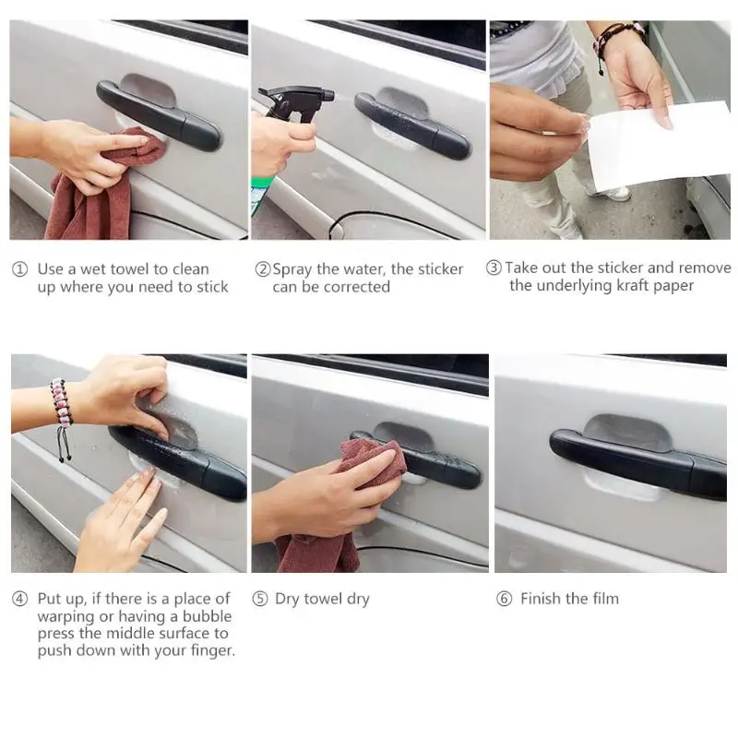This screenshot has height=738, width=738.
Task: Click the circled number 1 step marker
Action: click(x=19, y=269)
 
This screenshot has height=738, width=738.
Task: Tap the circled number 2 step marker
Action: click(x=263, y=269)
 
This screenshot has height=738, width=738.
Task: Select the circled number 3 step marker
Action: click(x=494, y=268)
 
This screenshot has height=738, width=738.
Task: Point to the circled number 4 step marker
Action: click(x=19, y=599)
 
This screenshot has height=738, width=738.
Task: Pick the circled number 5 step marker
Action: click(x=260, y=599)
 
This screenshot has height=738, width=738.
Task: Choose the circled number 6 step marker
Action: click(x=504, y=599)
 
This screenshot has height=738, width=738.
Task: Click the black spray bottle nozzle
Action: click(x=297, y=102)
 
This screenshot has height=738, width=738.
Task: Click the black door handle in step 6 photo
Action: click(x=637, y=464)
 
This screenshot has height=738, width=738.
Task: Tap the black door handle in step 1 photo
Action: click(x=158, y=116)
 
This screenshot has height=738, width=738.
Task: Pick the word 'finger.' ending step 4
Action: click(x=212, y=651)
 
